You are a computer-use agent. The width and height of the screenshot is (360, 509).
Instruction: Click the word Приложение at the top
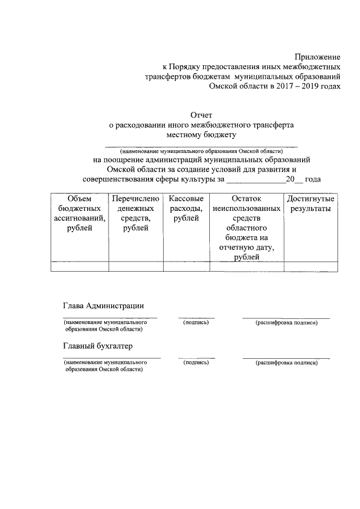(318, 57)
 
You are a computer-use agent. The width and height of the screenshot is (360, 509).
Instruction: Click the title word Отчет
(201, 115)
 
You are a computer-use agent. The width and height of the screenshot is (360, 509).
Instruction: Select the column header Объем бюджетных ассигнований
(79, 213)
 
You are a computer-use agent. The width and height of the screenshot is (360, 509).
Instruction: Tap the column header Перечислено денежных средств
(136, 213)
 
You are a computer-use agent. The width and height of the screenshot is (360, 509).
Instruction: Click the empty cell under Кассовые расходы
(186, 267)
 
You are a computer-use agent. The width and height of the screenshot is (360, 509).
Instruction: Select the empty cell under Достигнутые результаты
(310, 267)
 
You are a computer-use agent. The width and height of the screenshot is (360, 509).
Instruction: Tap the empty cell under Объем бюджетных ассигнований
(79, 267)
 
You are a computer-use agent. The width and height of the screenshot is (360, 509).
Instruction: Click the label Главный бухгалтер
(97, 345)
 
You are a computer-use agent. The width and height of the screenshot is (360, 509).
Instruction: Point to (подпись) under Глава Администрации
(196, 323)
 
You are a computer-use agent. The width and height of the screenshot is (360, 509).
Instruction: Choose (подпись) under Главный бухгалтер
(196, 363)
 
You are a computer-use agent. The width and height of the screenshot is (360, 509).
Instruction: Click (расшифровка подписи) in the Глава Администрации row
(286, 323)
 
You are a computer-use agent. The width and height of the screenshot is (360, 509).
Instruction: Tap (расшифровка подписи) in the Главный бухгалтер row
(286, 363)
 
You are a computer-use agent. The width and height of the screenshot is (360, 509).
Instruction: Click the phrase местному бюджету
(201, 135)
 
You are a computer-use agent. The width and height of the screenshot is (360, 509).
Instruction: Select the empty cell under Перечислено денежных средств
(136, 267)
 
